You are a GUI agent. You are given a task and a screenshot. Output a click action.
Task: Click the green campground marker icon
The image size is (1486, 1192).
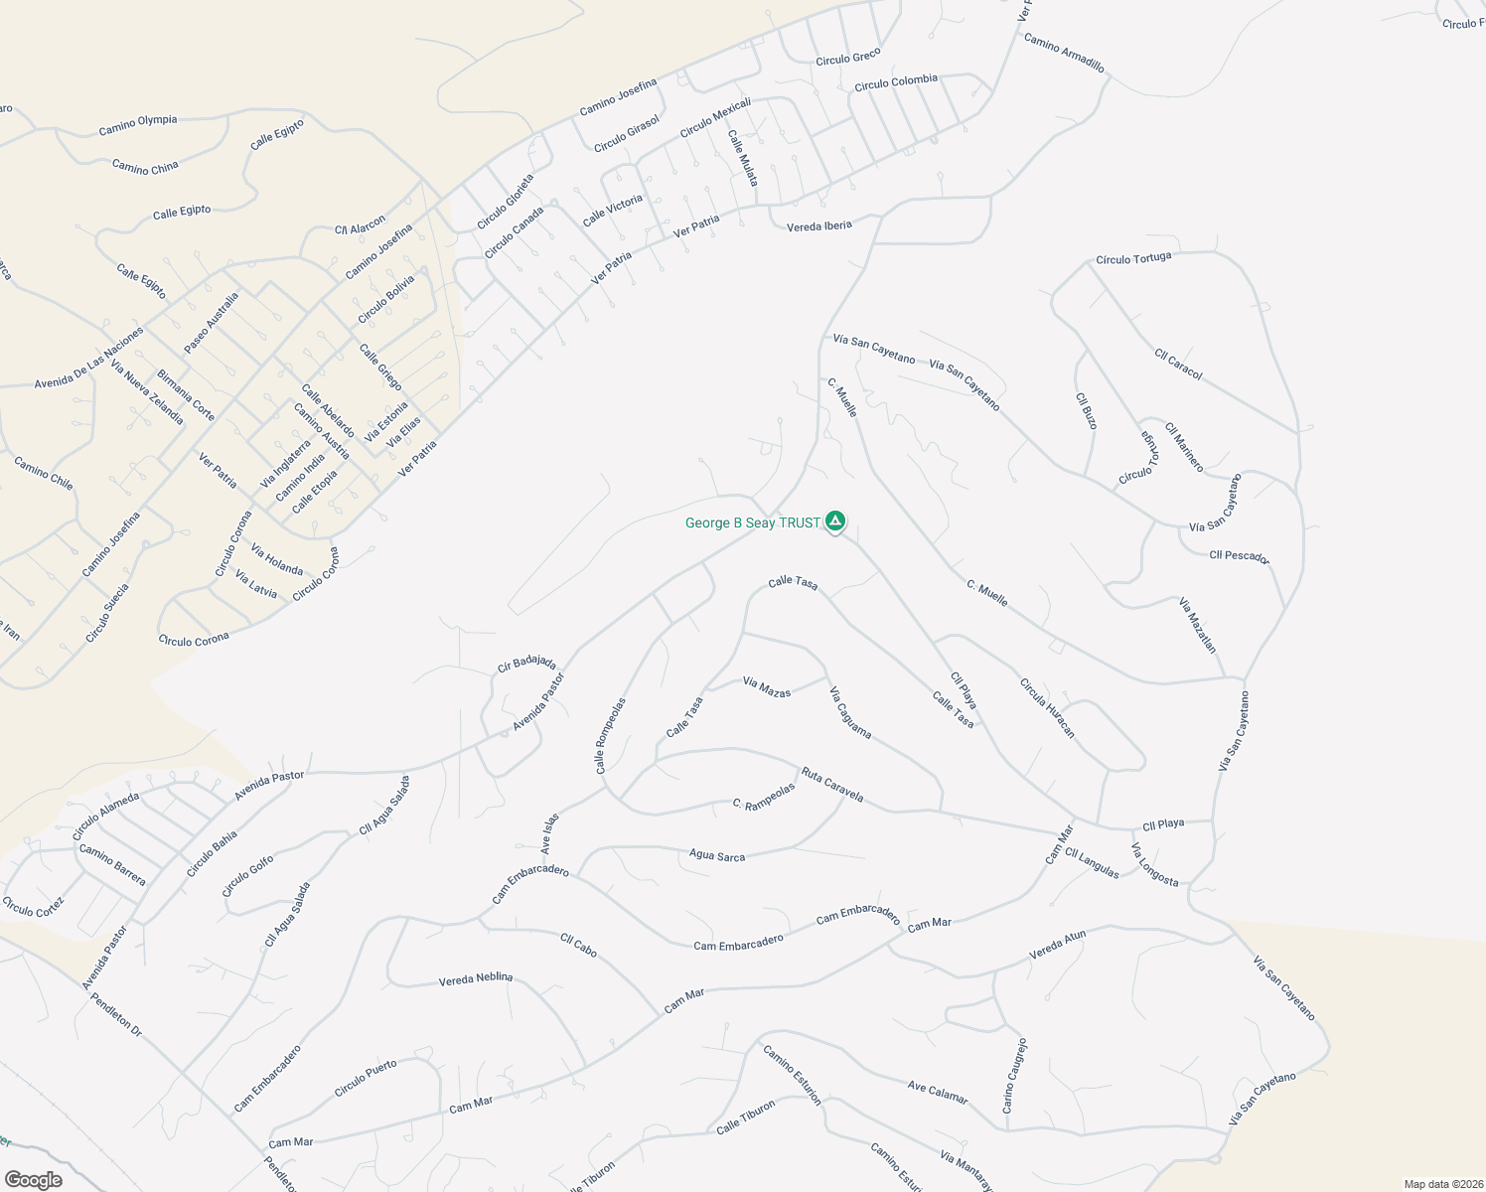(835, 521)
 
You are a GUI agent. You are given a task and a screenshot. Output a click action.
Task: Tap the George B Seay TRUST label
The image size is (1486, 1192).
(752, 522)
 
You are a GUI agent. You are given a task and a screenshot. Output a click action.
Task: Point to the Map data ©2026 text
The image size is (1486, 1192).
(1442, 1184)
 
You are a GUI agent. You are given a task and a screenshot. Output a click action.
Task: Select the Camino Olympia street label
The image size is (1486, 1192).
(138, 124)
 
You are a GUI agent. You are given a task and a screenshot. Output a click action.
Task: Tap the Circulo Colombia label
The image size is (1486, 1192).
(896, 82)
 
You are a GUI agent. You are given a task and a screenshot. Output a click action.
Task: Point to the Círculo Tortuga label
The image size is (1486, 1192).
(1133, 259)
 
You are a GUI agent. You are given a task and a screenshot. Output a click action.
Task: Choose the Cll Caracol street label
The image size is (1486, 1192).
(1178, 365)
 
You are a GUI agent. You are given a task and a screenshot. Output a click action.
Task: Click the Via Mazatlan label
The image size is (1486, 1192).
(1197, 625)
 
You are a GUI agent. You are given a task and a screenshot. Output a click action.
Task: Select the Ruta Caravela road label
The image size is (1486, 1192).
(832, 785)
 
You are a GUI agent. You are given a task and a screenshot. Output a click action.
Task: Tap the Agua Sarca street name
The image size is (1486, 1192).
(716, 855)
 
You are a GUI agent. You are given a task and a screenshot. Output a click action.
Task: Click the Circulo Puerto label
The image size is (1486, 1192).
(366, 1078)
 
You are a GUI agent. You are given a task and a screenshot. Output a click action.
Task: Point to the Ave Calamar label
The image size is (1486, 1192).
(937, 1092)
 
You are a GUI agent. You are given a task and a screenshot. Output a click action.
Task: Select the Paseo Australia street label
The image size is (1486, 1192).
(212, 323)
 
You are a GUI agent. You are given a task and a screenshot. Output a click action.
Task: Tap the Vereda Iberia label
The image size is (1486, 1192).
(819, 226)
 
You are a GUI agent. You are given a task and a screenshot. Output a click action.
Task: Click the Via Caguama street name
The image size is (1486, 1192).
(850, 712)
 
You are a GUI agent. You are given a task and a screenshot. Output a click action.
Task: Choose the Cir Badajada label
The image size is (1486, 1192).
(526, 663)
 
